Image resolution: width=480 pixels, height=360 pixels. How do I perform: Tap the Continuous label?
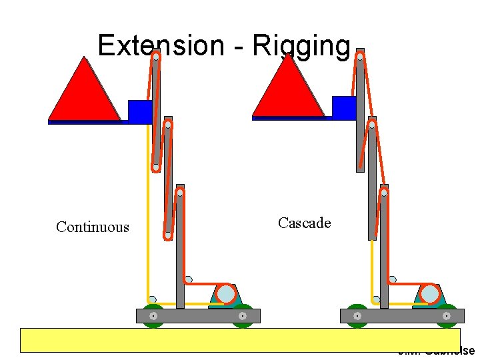click(93, 227)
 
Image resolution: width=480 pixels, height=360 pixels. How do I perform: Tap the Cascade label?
click(304, 223)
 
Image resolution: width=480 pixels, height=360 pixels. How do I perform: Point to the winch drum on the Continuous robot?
click(226, 294)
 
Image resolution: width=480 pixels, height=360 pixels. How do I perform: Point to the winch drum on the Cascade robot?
click(430, 294)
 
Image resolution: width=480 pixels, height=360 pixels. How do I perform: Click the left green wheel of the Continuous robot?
click(153, 315)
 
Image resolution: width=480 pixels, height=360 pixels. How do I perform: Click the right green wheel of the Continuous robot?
click(243, 315)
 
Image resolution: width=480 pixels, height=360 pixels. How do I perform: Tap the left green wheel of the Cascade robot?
click(357, 315)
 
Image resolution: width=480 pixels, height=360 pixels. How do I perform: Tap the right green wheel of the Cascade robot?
click(447, 315)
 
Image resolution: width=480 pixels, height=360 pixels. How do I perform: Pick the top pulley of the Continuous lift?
click(155, 57)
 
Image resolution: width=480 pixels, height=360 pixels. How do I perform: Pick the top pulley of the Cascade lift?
click(360, 57)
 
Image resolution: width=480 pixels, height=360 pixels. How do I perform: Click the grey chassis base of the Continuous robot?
click(198, 315)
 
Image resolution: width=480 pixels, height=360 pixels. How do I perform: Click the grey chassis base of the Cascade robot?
click(402, 315)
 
